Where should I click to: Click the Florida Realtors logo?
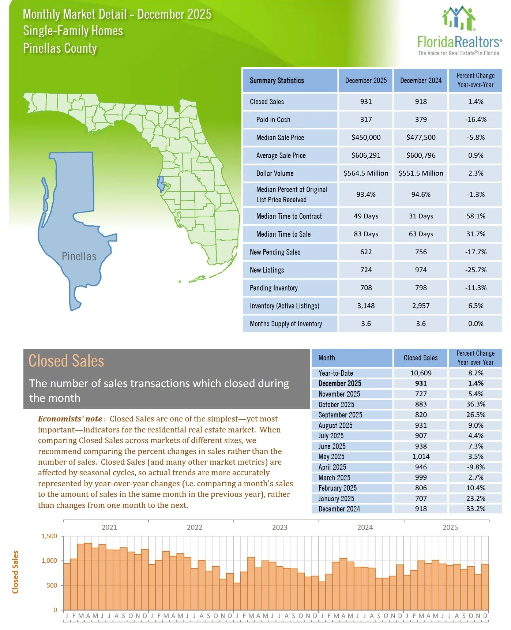point(459,31)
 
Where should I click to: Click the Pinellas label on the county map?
point(79,256)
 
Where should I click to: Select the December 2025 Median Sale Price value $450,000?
point(366,138)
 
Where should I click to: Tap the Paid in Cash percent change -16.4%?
point(476,120)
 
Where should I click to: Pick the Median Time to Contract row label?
point(289,216)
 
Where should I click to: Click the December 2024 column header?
point(421,80)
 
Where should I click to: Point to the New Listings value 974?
point(421,270)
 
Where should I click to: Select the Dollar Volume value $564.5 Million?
point(366,173)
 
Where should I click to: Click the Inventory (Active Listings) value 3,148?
point(366,306)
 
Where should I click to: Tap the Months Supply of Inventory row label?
point(286,324)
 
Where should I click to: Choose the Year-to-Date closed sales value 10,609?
point(421,373)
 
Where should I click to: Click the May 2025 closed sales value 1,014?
point(421,457)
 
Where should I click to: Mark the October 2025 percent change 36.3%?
point(476,404)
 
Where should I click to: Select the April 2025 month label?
point(332,467)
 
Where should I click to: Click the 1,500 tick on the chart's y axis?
point(49,536)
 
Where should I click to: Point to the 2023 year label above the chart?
point(279,528)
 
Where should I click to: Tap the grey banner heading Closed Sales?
point(66,361)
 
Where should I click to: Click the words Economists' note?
point(70,419)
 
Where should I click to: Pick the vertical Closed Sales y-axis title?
point(15,572)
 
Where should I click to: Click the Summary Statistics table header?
point(277,80)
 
